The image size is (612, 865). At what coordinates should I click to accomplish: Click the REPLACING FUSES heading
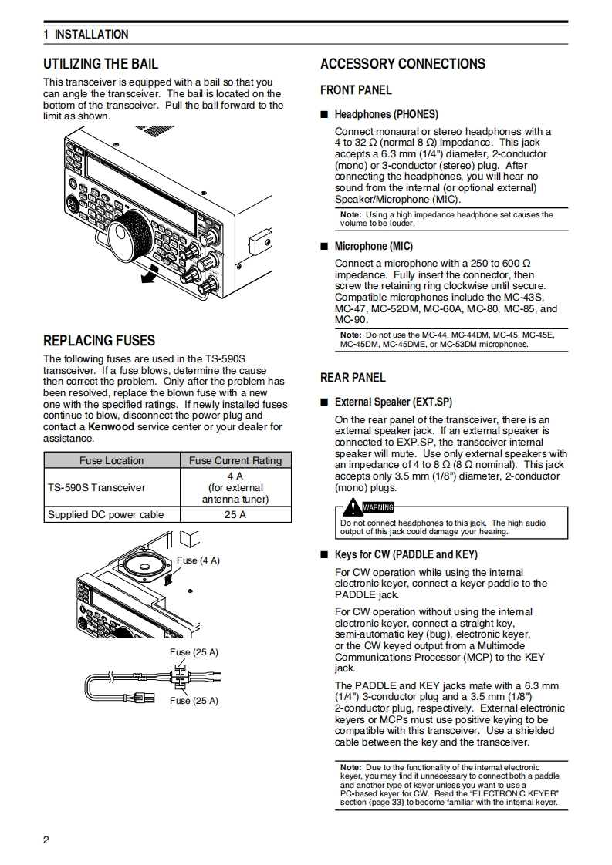99,341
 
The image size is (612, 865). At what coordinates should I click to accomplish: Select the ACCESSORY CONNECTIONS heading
403,64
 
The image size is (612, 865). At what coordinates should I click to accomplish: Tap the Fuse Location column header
112,460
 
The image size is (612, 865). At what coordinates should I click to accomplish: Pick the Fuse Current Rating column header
235,460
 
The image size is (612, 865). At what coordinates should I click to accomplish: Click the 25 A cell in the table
235,514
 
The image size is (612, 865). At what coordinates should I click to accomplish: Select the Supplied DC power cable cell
106,514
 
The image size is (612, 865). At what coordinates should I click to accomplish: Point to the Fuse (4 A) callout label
198,560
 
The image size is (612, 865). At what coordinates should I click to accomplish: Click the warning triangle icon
353,507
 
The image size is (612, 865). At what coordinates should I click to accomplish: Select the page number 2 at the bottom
46,840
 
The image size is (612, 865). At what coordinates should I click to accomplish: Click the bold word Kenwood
111,426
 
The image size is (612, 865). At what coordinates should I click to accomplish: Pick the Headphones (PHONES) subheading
386,114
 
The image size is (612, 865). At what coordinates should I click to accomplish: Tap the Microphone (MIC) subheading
374,246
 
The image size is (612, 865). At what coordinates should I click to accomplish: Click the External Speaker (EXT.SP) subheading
393,402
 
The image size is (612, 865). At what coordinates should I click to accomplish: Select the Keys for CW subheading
406,554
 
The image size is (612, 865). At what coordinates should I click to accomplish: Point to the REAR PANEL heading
353,378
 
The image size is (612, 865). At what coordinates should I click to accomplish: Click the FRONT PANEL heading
356,90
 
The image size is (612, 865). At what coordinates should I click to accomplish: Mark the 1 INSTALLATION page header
86,35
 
